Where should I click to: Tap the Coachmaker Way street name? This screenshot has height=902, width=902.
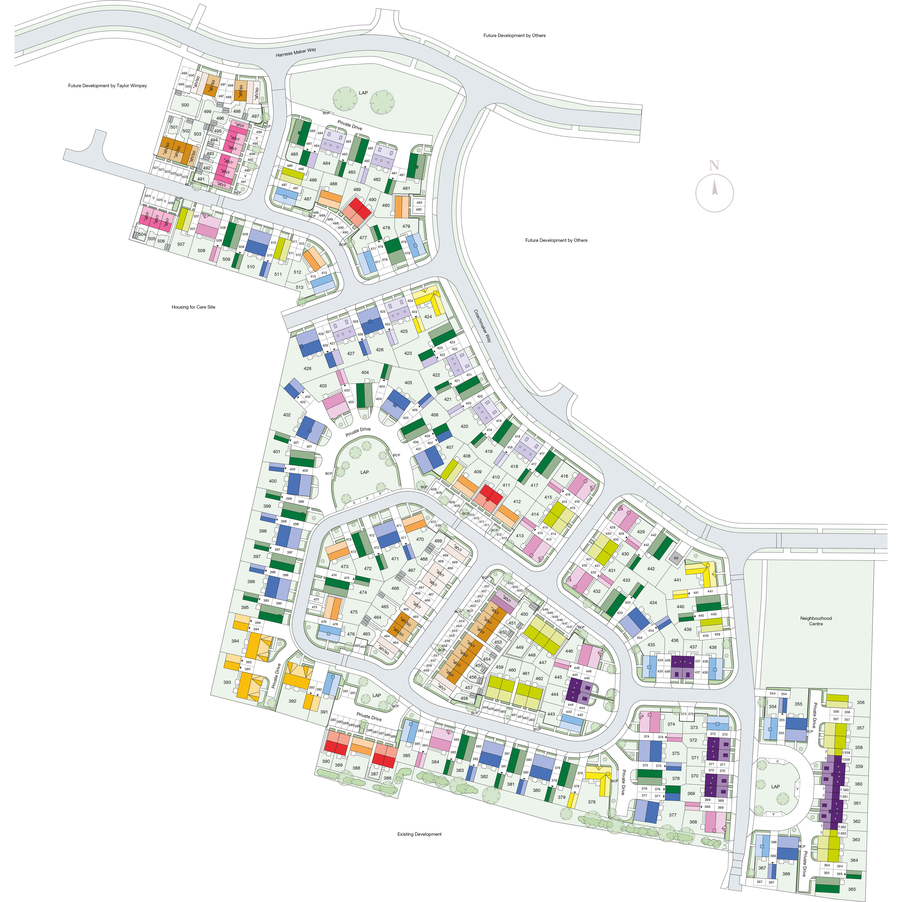(x=483, y=325)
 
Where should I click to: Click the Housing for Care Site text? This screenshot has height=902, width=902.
(x=193, y=307)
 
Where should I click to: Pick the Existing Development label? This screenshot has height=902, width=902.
(x=419, y=834)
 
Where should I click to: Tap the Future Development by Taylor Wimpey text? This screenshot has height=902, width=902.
(x=107, y=86)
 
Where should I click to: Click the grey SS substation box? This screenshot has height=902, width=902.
(x=675, y=558)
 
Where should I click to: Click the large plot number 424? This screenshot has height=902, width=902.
(x=428, y=316)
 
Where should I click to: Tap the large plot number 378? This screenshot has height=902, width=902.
(x=591, y=802)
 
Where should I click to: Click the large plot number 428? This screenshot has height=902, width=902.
(x=307, y=368)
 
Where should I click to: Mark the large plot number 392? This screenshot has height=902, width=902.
(x=292, y=701)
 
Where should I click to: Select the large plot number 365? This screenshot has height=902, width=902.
(x=851, y=889)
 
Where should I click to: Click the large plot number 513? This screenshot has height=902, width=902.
(x=299, y=287)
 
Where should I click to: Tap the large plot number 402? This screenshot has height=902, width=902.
(x=287, y=415)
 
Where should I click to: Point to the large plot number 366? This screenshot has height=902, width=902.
(x=786, y=873)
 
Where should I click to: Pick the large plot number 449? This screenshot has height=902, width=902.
(x=520, y=647)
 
